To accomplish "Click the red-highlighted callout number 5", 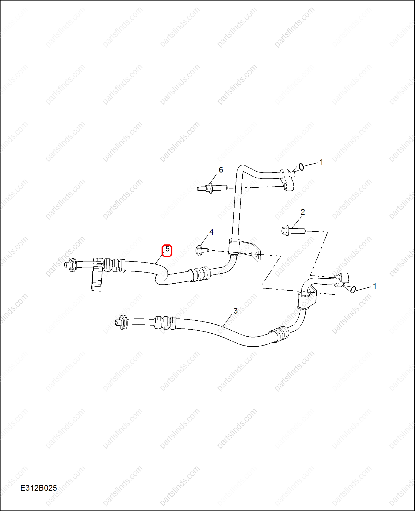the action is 167,249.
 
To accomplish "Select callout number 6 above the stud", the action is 221,170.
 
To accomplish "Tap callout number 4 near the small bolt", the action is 211,232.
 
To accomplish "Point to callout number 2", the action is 303,212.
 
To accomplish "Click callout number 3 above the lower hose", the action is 235,311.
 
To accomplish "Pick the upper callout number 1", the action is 321,162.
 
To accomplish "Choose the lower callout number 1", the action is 374,286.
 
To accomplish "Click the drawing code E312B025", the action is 39,488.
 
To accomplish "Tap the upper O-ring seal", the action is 301,167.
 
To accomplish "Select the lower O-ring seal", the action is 353,290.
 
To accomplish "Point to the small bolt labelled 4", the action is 202,250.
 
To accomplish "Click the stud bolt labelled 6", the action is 212,188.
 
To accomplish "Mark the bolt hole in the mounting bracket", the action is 256,254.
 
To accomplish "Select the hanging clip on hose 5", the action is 97,275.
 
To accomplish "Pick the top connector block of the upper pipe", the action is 287,180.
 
